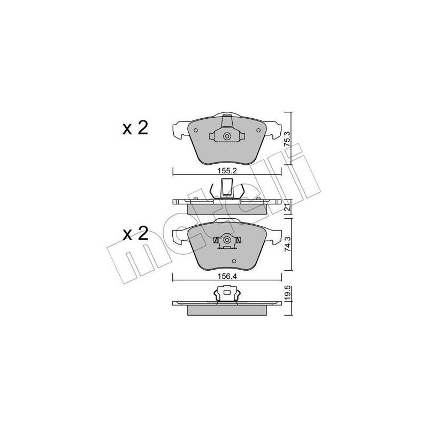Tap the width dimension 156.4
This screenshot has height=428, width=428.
click(x=227, y=277)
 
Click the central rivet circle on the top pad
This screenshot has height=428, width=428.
click(x=227, y=136)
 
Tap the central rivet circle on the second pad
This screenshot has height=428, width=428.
click(x=226, y=240)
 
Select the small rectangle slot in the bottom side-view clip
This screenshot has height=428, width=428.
click(x=227, y=293)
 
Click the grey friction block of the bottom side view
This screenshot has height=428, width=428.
click(x=227, y=310)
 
